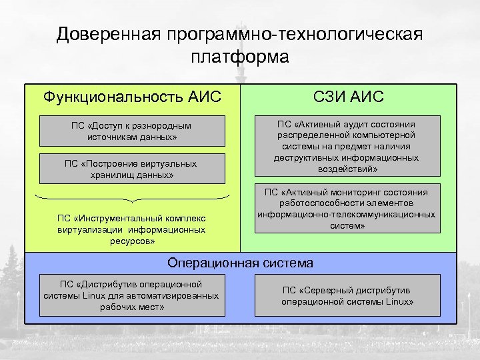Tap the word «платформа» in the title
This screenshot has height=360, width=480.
[239, 57]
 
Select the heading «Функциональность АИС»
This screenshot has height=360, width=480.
[132, 97]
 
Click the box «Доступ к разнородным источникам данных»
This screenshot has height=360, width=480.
[132, 131]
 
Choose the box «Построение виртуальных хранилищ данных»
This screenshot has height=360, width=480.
[132, 169]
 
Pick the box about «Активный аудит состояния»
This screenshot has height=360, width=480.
[347, 146]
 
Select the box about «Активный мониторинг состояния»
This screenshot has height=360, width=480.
[347, 209]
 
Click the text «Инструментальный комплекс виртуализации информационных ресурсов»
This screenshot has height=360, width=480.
[132, 229]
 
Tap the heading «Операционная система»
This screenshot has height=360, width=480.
[240, 263]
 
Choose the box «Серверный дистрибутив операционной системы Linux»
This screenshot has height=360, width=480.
[347, 295]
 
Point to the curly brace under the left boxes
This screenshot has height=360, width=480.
[132, 197]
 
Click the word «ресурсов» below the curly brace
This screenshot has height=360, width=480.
[132, 241]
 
